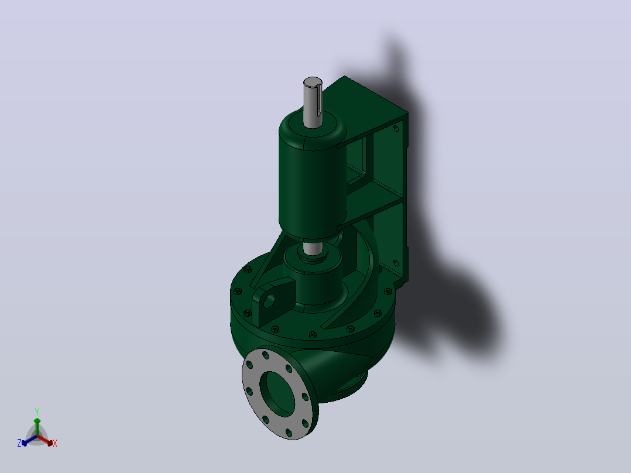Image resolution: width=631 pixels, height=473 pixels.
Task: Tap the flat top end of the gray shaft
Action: [313, 82]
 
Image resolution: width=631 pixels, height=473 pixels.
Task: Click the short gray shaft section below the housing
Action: [312, 248]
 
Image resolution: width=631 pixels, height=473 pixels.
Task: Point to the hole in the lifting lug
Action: [269, 301]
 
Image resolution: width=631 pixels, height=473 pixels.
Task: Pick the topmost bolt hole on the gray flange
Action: [266, 356]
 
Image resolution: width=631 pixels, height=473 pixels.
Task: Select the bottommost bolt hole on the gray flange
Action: [289, 433]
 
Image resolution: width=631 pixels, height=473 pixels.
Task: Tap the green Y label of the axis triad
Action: [37, 412]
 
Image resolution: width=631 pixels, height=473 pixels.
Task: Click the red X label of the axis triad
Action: [55, 443]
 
